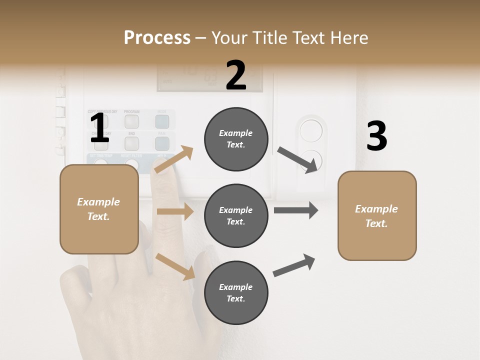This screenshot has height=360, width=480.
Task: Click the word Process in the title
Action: [x=157, y=37]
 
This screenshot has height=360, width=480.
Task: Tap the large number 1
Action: [x=99, y=128]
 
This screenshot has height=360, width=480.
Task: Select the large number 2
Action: [x=236, y=75]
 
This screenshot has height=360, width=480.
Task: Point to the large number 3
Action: [x=376, y=136]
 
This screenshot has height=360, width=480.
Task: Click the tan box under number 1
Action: [x=99, y=209]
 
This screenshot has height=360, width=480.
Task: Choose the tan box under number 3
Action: [x=377, y=215]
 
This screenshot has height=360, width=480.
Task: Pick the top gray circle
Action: [x=236, y=138]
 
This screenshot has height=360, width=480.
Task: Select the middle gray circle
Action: [x=236, y=215]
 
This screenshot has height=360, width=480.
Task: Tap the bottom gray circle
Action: [x=236, y=292]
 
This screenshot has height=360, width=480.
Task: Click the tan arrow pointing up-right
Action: [x=174, y=159]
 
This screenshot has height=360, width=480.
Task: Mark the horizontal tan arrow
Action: [x=175, y=212]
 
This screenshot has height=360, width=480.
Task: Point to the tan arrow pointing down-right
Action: [x=175, y=266]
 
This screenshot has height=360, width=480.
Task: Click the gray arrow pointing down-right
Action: [x=298, y=160]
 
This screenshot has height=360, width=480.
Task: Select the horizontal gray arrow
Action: [x=296, y=210]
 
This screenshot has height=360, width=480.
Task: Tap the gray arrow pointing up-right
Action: [x=294, y=265]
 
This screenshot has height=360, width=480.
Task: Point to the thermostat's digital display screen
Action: [x=209, y=77]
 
